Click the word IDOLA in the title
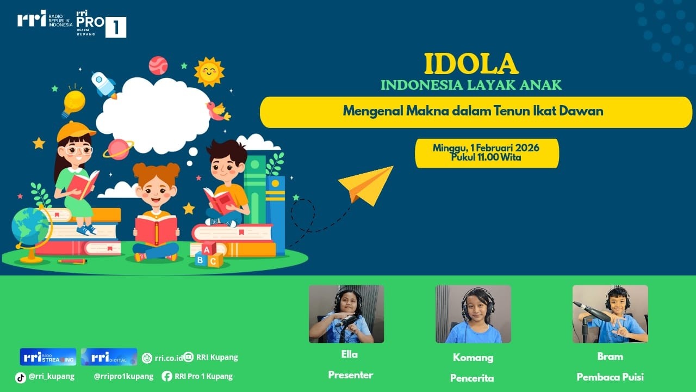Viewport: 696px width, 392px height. (x=471, y=64)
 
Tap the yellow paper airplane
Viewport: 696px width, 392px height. (x=367, y=185)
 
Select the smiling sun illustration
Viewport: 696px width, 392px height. (x=209, y=71)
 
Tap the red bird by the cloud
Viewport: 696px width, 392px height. (x=217, y=111)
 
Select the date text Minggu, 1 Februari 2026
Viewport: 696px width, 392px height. (x=486, y=148)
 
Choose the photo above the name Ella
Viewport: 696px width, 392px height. (x=346, y=314)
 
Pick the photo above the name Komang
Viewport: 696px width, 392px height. (x=473, y=314)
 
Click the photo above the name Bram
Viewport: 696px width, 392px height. (x=610, y=314)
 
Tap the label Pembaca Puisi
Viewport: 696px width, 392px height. (x=610, y=377)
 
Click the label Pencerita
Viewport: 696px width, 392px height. (x=472, y=378)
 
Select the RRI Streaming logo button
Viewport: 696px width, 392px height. (x=48, y=357)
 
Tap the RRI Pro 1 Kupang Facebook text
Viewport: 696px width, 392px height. (x=203, y=376)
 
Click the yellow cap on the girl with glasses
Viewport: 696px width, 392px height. (x=75, y=131)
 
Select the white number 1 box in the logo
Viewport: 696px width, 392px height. (x=115, y=27)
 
